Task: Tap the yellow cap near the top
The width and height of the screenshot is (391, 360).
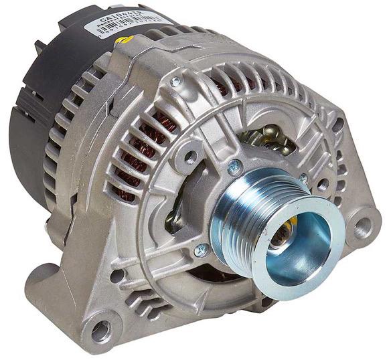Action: (121, 41)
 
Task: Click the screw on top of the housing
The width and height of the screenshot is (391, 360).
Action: (176, 81)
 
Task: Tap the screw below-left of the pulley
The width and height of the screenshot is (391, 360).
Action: (201, 250)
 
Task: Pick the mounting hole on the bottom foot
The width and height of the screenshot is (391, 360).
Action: (100, 329)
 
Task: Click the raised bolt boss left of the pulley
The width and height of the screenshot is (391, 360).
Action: (190, 158)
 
